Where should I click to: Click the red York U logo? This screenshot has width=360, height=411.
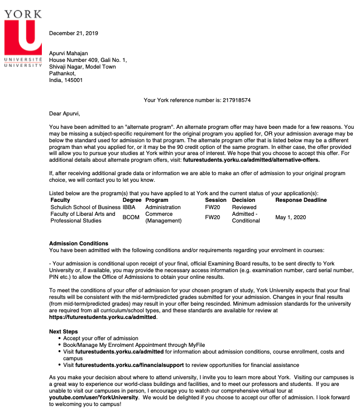click(x=23, y=35)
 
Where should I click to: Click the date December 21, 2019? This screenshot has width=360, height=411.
click(x=73, y=33)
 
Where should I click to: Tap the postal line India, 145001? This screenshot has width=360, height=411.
click(x=66, y=80)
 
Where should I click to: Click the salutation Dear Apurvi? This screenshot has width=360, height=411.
click(x=65, y=114)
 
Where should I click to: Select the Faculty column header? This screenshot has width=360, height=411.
click(x=60, y=200)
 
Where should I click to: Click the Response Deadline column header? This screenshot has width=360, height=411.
click(x=301, y=200)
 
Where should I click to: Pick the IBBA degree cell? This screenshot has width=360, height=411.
click(x=129, y=207)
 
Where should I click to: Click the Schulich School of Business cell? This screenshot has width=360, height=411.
click(x=85, y=207)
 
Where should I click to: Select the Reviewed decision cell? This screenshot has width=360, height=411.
click(x=244, y=207)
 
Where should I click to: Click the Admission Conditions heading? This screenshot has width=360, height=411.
click(x=79, y=244)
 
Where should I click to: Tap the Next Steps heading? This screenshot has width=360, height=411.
click(x=64, y=332)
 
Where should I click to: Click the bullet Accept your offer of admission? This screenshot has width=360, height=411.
click(x=100, y=339)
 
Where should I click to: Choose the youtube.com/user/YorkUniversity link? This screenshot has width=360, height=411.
click(x=93, y=398)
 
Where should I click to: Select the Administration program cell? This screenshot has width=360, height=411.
click(x=163, y=207)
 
